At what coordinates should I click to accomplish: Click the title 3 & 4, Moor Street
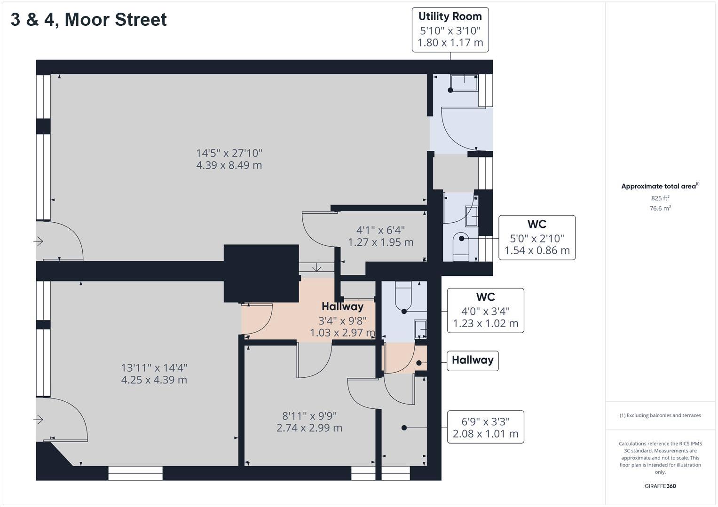pyautogui.click(x=88, y=20)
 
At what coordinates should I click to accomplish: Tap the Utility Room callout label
pyautogui.click(x=450, y=30)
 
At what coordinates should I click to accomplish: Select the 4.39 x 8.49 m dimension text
pyautogui.click(x=229, y=165)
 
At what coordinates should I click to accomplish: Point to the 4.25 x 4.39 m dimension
pyautogui.click(x=154, y=380)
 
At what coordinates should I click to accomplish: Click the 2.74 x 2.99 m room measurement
pyautogui.click(x=309, y=428)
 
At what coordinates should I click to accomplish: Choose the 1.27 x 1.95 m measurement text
pyautogui.click(x=380, y=242)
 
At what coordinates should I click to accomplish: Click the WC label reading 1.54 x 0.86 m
pyautogui.click(x=537, y=238)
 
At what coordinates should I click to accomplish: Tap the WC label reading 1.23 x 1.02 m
pyautogui.click(x=486, y=310)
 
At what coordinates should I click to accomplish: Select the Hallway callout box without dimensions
pyautogui.click(x=473, y=361)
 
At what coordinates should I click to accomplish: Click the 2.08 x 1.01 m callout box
pyautogui.click(x=486, y=427)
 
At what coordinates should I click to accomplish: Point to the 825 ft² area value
pyautogui.click(x=660, y=198)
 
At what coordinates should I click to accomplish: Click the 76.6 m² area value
pyautogui.click(x=660, y=208)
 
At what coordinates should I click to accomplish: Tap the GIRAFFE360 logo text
pyautogui.click(x=660, y=486)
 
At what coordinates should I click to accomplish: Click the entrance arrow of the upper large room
pyautogui.click(x=39, y=241)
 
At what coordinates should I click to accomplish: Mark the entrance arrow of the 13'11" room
pyautogui.click(x=39, y=419)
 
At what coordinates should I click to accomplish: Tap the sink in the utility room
pyautogui.click(x=464, y=83)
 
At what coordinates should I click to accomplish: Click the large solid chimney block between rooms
pyautogui.click(x=261, y=273)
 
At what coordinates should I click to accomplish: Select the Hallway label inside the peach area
pyautogui.click(x=342, y=306)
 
